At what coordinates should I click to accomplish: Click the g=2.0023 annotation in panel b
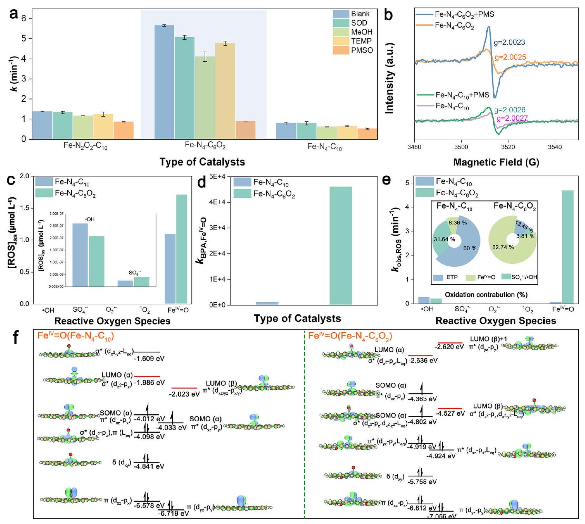click(x=509, y=43)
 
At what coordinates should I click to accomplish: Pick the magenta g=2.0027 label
click(x=512, y=119)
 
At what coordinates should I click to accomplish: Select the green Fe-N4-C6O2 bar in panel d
click(x=341, y=245)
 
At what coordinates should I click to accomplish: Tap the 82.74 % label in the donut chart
click(x=503, y=247)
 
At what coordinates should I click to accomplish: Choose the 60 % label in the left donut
click(x=470, y=248)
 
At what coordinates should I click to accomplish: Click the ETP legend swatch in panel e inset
click(x=438, y=277)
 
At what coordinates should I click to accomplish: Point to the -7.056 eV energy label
click(x=442, y=516)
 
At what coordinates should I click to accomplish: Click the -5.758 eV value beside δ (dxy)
click(x=422, y=482)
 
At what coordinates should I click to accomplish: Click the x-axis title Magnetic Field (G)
click(x=496, y=162)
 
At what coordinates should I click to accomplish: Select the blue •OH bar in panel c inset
click(x=80, y=255)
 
